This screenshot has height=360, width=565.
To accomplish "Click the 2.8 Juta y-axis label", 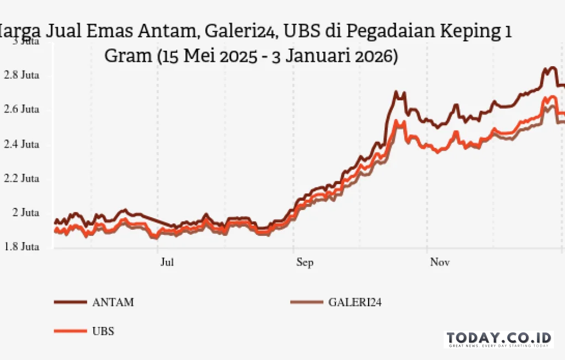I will pos(22,76).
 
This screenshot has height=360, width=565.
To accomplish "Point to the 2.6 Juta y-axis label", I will pos(22,110).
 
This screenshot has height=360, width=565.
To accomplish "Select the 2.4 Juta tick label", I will pos(22,144).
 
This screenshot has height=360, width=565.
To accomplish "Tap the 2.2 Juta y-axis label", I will pos(22,179).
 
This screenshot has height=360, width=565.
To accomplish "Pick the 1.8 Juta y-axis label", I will pos(22,247).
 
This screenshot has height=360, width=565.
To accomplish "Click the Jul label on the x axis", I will pos(167,262).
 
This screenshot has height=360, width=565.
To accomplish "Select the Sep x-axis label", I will pos(305,262).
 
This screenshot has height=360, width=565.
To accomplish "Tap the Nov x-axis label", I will pos(440,262).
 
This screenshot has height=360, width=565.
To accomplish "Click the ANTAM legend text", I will pos(113,302).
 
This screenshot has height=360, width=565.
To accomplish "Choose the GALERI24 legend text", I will pos(355,302).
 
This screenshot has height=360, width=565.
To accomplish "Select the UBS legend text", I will pos(103,331).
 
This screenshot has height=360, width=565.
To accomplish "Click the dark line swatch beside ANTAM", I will pos(70,302).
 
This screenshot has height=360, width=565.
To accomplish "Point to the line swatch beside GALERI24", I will pos(306,302).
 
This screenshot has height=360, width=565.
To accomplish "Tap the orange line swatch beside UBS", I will pos(70,331).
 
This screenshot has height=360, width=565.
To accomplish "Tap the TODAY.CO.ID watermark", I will pos(499,338).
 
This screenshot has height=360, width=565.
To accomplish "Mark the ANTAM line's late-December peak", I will pos(551,68).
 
